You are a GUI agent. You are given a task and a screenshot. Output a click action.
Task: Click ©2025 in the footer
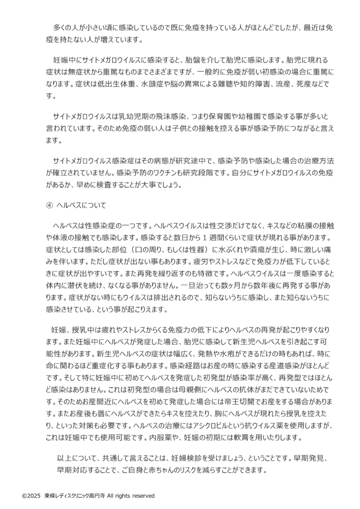30,496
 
